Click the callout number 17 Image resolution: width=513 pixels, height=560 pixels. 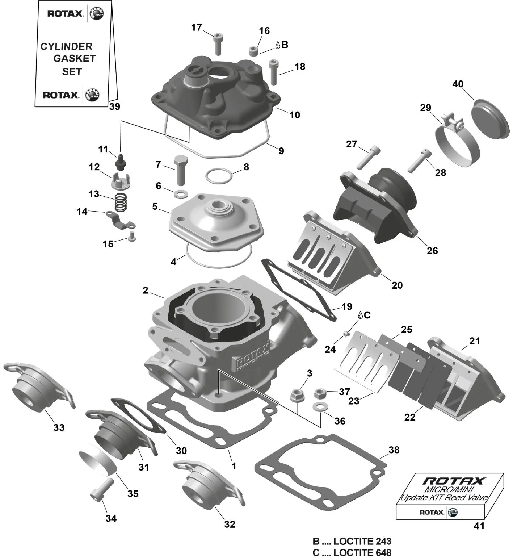coord(197,28)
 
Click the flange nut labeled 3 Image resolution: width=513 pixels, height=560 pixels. coord(297,394)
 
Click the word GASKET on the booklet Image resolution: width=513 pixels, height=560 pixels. coord(75,58)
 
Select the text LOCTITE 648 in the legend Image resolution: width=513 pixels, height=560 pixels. coord(362,553)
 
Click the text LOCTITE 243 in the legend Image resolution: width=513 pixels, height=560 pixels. coord(362,541)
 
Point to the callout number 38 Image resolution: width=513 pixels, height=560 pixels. coord(394,450)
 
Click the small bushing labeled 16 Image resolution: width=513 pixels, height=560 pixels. coord(254,51)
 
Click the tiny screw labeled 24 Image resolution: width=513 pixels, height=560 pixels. coord(346,333)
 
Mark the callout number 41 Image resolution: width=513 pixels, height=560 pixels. coord(479,526)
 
